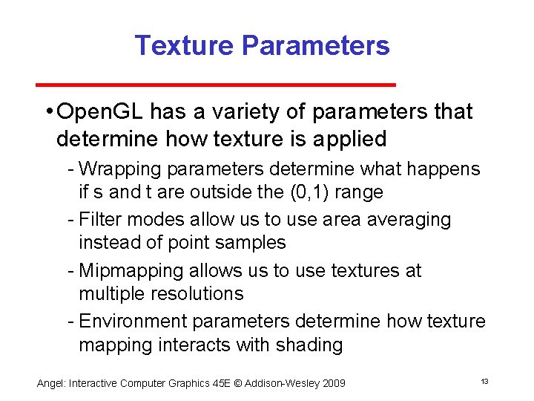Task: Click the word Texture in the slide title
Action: [184, 46]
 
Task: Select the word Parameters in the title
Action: [314, 46]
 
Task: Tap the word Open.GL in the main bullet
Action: [100, 112]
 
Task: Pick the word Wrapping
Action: [116, 169]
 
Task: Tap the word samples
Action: [250, 243]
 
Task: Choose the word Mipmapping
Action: [130, 271]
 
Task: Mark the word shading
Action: [310, 345]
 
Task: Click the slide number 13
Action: [484, 382]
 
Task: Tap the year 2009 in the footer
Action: [332, 383]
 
